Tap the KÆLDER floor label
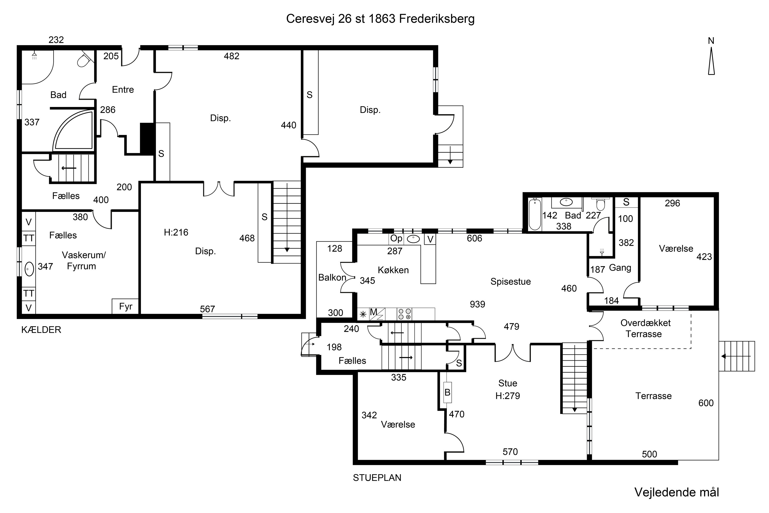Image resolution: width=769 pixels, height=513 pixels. coord(41,330)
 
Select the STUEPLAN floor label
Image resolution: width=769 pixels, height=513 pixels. coord(377,478)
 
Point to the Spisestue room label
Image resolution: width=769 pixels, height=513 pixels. coord(510,281)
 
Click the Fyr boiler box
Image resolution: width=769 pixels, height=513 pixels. coord(126,307)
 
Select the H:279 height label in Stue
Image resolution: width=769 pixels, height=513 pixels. coord(508,396)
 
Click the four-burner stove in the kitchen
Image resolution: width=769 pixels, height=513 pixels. coord(404,314)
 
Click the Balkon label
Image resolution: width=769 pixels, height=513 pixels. coord(332,278)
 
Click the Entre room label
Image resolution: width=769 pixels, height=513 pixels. coord(123,90)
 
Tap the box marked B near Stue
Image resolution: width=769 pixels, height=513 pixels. coord(448,392)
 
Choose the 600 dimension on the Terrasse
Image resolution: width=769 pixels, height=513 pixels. coord(706,403)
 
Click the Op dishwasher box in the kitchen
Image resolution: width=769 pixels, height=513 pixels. coord(397,239)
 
